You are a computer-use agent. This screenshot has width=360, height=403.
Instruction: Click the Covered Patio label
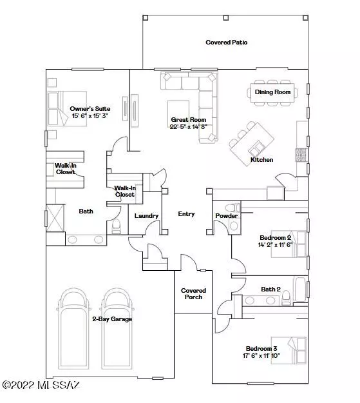pos(227,43)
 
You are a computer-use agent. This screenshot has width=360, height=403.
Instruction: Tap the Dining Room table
pos(272,92)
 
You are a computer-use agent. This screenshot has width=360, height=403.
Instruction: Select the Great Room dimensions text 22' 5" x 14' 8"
pos(188,127)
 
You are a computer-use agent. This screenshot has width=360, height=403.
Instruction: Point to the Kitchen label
pos(261,159)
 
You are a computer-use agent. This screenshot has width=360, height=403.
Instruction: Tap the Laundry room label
pos(146,215)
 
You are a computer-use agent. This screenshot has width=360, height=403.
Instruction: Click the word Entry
pos(186,214)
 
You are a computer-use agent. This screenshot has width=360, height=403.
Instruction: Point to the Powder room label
pos(225,215)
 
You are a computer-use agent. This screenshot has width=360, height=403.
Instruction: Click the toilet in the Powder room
pos(236,208)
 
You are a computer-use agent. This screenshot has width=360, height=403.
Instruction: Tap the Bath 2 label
pos(270,289)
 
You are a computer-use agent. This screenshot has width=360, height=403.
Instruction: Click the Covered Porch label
pos(193,293)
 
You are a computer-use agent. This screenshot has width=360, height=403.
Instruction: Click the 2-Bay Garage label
pos(111,319)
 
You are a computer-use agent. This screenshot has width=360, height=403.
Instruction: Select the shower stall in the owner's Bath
pos(55,217)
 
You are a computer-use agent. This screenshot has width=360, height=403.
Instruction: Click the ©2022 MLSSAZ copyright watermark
pos(41,385)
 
